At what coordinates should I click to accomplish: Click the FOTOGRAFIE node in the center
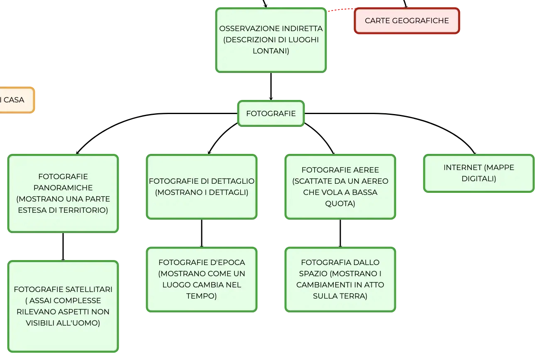[271, 113]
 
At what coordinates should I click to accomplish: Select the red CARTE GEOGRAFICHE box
[407, 21]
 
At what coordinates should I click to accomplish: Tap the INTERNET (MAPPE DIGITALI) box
[479, 173]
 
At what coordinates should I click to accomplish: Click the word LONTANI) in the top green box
[271, 51]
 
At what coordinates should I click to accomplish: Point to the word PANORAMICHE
[63, 187]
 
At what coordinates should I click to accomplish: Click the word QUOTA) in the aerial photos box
[340, 204]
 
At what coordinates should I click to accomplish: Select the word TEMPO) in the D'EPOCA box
[201, 296]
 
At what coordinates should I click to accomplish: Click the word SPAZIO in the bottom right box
[313, 274]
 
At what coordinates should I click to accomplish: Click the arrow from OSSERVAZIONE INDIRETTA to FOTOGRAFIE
[271, 86]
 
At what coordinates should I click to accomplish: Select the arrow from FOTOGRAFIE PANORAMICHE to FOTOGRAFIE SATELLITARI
[63, 247]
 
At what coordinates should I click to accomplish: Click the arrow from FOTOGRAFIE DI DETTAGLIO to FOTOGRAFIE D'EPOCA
[202, 234]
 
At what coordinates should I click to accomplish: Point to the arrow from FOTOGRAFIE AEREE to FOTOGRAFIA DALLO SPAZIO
[340, 234]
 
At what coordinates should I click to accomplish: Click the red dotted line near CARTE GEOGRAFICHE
[341, 10]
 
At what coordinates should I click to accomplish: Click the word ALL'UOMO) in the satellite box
[78, 323]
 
